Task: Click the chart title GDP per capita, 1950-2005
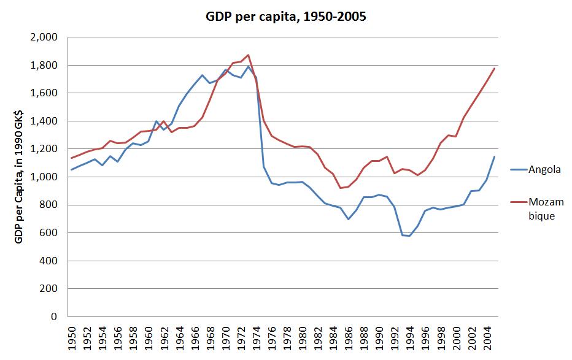[285, 17]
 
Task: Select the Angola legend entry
[545, 169]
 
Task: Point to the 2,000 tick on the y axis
[44, 37]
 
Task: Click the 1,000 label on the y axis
[44, 177]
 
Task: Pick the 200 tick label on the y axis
[50, 289]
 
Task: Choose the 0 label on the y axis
[55, 316]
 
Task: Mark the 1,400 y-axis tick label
[44, 121]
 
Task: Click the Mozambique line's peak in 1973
[249, 55]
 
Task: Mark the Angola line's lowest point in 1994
[410, 236]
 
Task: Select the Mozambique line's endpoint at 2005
[495, 67]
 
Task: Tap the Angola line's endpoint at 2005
[495, 156]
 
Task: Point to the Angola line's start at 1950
[72, 170]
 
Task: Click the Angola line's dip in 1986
[349, 219]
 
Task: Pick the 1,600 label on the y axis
[44, 93]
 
